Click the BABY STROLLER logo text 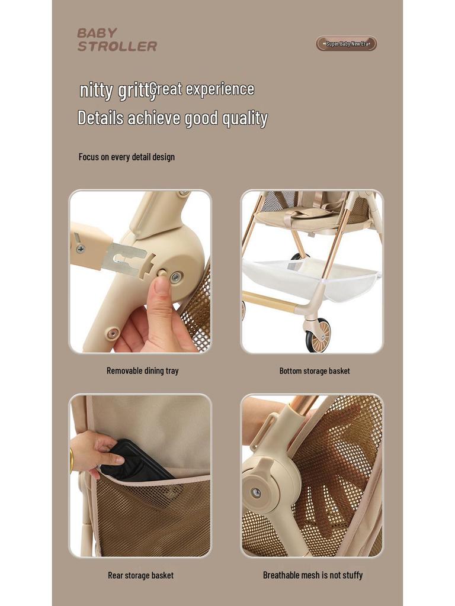pyautogui.click(x=117, y=40)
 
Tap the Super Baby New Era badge pyautogui.click(x=347, y=44)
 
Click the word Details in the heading pyautogui.click(x=101, y=118)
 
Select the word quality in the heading pyautogui.click(x=245, y=118)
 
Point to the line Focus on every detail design pyautogui.click(x=126, y=157)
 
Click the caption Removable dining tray pyautogui.click(x=142, y=371)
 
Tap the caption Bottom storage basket pyautogui.click(x=315, y=371)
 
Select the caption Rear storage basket pyautogui.click(x=140, y=575)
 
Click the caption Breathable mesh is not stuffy pyautogui.click(x=313, y=575)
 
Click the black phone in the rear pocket pyautogui.click(x=133, y=462)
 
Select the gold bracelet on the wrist pyautogui.click(x=72, y=460)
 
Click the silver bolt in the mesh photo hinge pyautogui.click(x=256, y=492)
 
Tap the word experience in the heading pyautogui.click(x=220, y=89)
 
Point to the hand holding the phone pyautogui.click(x=95, y=450)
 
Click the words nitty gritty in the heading pyautogui.click(x=114, y=91)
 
